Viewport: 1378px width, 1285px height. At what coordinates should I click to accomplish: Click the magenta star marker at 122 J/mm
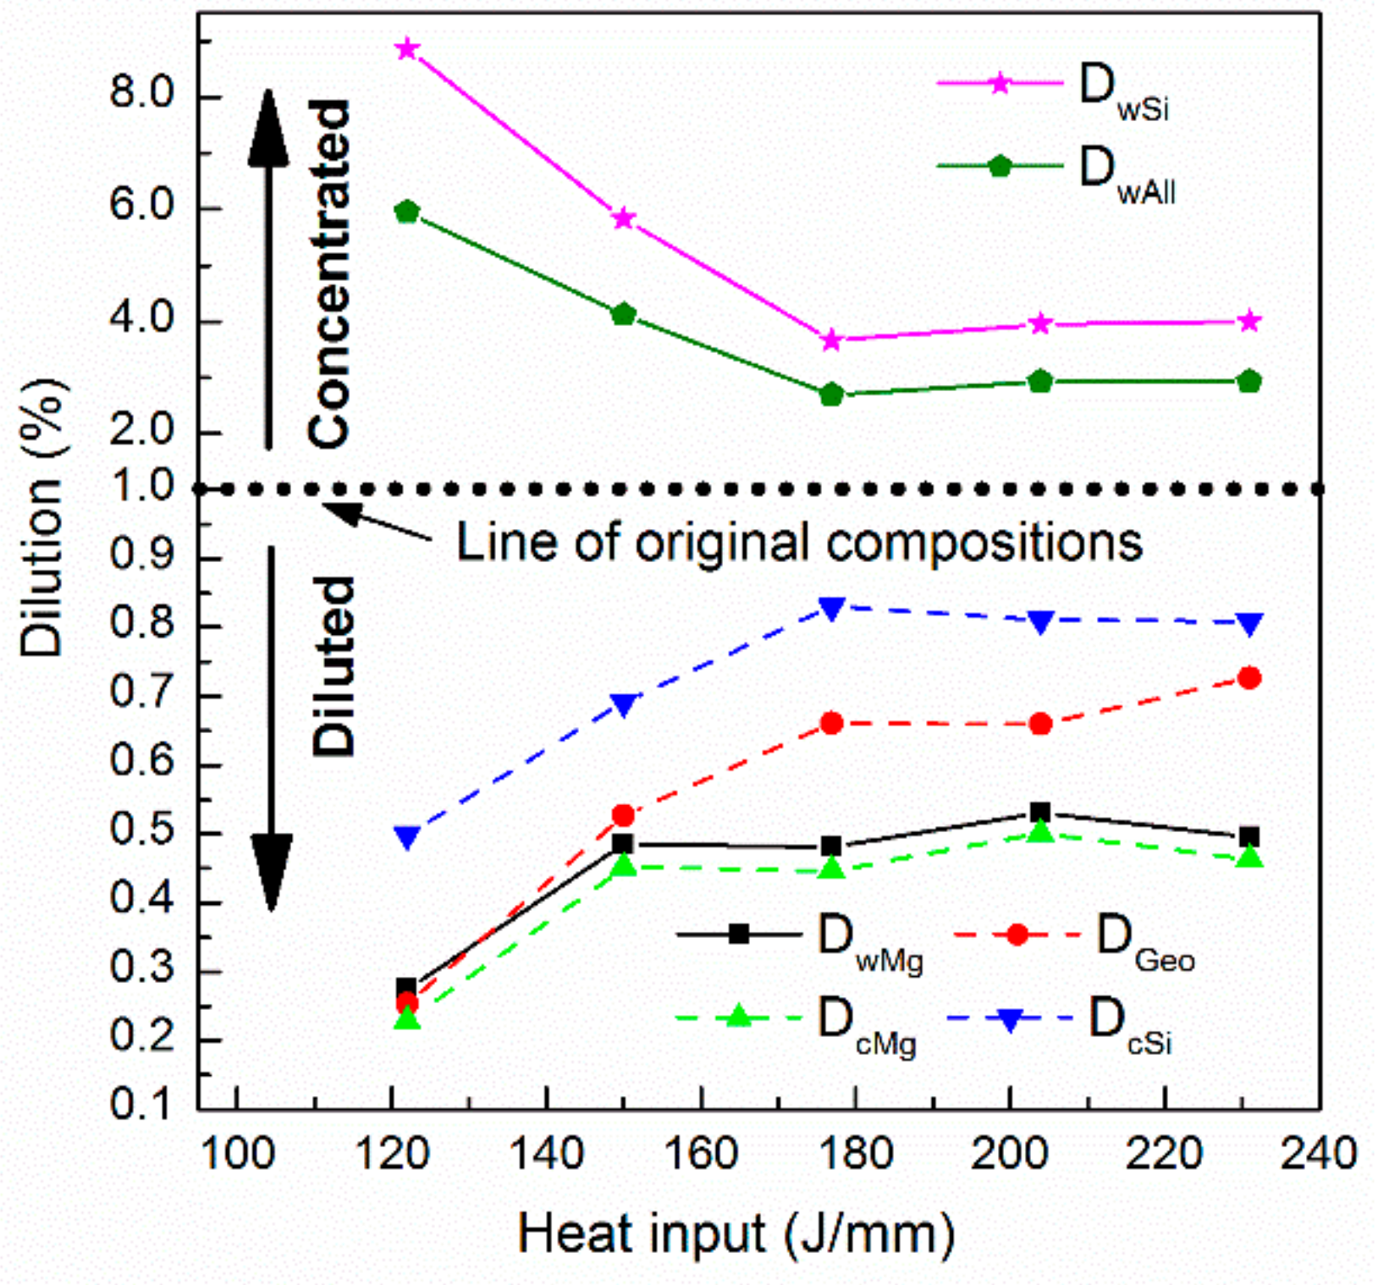point(407,48)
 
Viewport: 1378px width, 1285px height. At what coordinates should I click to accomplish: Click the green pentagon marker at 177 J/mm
point(831,394)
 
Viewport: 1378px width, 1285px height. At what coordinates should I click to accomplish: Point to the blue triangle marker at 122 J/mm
point(407,837)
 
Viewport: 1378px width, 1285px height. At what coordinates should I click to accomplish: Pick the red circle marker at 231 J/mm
point(1249,678)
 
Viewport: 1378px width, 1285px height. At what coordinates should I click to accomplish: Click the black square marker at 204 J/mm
point(1040,813)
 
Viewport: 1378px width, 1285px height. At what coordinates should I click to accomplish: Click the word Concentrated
point(329,273)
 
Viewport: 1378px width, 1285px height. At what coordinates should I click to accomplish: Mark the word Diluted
point(333,666)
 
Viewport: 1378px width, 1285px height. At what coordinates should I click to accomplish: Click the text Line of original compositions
point(799,542)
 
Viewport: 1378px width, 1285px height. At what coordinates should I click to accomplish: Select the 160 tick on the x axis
point(702,1154)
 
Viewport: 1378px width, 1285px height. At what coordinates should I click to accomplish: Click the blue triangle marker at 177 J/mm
point(831,609)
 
